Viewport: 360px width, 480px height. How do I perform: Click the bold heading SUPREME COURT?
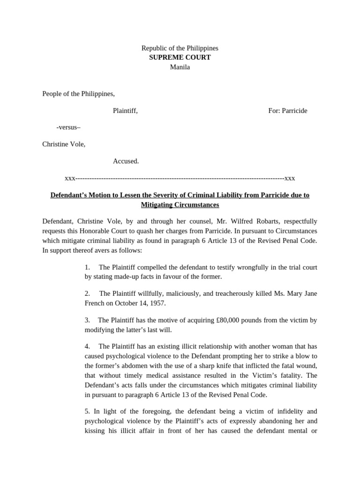click(x=180, y=58)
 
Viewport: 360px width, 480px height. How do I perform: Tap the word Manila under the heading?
click(x=180, y=67)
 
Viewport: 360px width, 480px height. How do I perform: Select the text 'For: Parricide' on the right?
click(x=287, y=111)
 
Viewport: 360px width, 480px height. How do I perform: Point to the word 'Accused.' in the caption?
click(x=126, y=161)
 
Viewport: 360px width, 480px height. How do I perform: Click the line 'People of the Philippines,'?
click(x=78, y=94)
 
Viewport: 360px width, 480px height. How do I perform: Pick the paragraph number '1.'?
click(x=88, y=267)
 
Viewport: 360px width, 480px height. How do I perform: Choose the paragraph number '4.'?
click(x=88, y=346)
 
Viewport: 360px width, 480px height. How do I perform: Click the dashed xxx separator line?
click(x=180, y=178)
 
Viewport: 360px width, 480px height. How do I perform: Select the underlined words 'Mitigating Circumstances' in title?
click(x=180, y=205)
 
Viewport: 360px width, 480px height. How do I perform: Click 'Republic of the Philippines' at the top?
click(x=180, y=48)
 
